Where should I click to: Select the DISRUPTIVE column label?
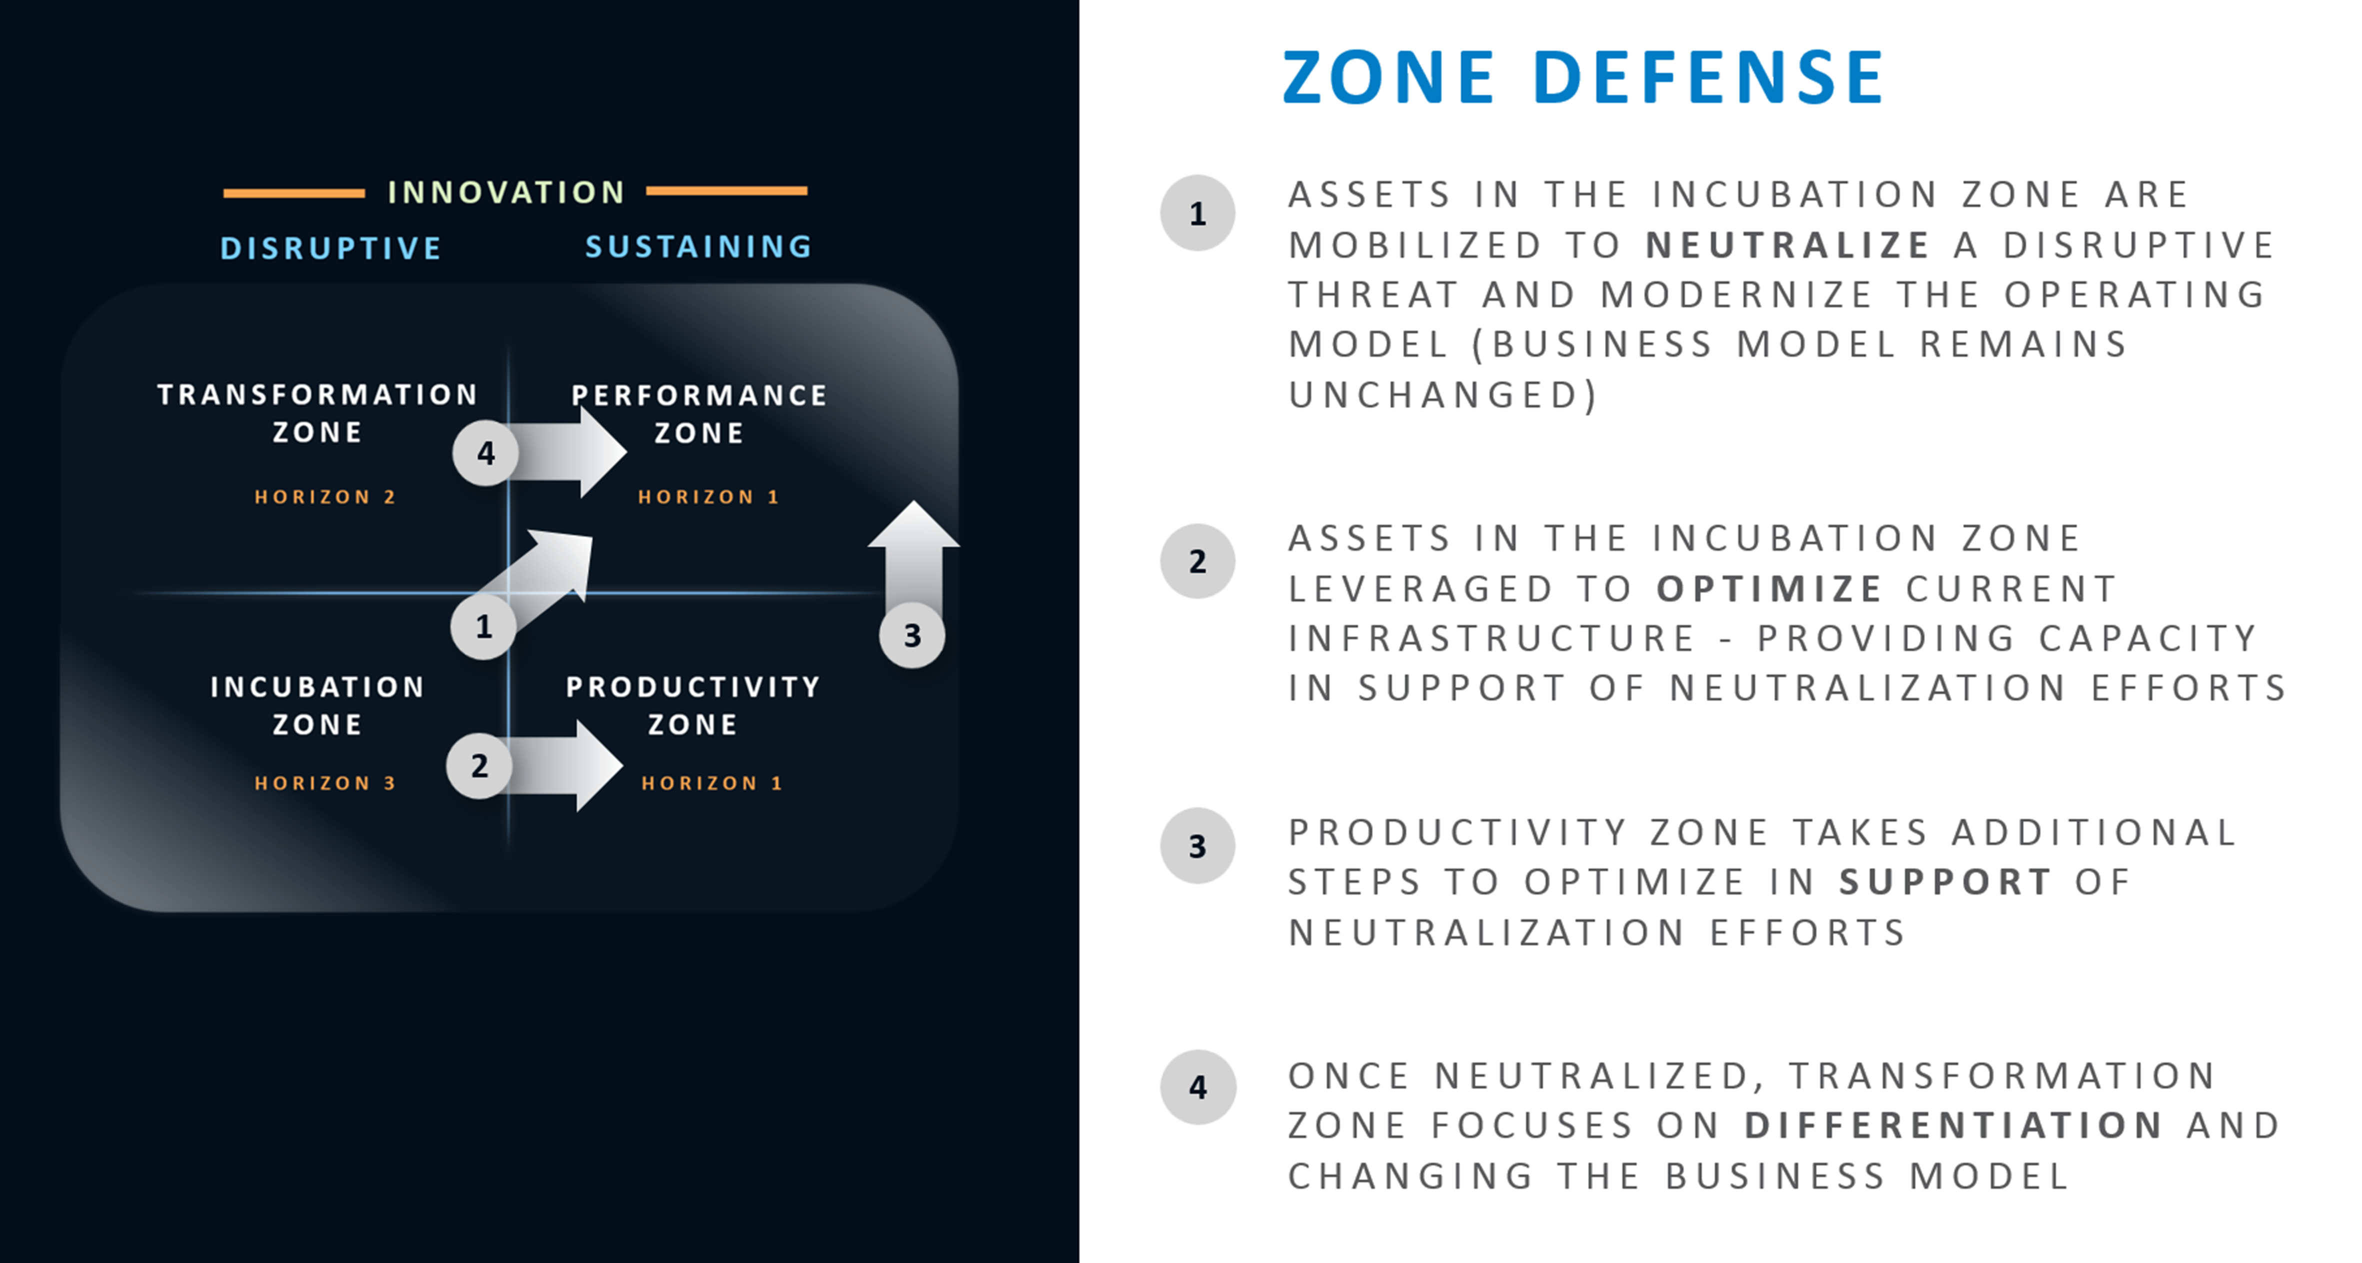tap(331, 247)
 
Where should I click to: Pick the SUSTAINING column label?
tap(698, 246)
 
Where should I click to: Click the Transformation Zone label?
tap(317, 412)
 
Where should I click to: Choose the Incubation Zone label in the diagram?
tap(317, 705)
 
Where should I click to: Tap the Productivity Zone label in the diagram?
tap(693, 705)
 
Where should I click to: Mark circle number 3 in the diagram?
tap(912, 634)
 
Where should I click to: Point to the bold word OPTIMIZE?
tap(1769, 588)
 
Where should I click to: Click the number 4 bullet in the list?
tap(1197, 1087)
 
